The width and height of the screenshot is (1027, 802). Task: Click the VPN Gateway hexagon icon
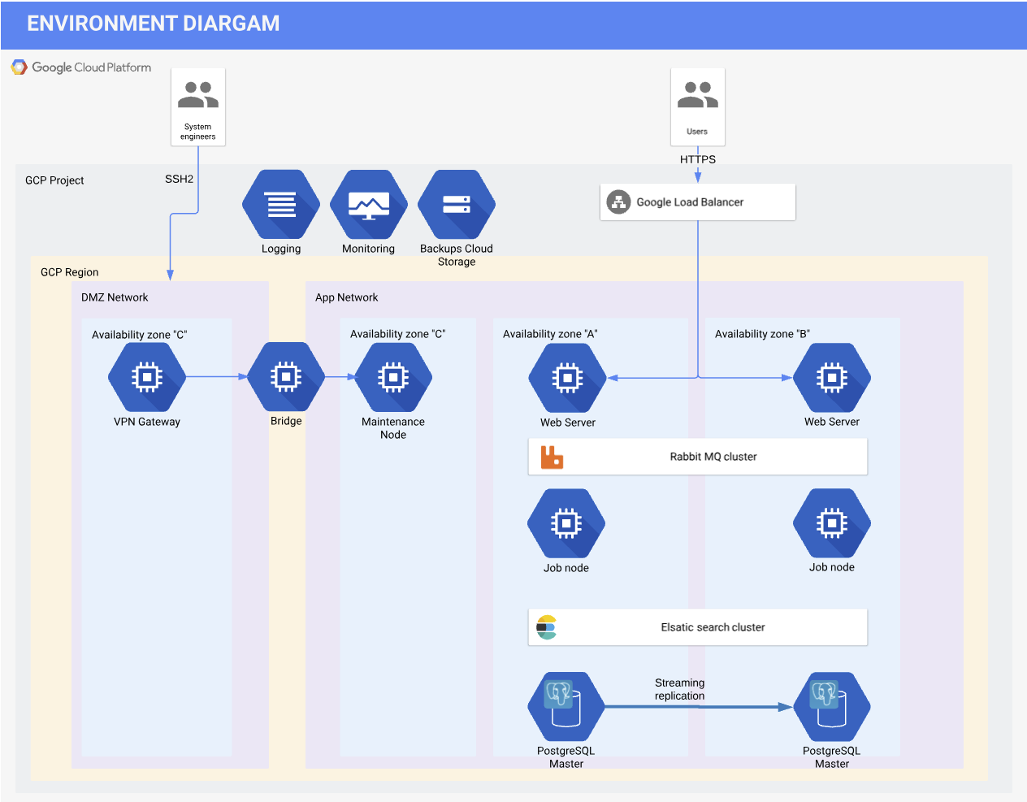(x=147, y=378)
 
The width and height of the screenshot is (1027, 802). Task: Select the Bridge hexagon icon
(x=286, y=377)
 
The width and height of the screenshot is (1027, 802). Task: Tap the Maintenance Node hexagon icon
(x=393, y=378)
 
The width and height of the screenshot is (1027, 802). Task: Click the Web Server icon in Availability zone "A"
(x=567, y=379)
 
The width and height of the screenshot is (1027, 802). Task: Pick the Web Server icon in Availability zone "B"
(x=832, y=378)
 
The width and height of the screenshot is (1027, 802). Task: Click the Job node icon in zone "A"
(x=566, y=524)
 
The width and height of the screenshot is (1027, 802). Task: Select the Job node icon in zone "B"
(x=832, y=523)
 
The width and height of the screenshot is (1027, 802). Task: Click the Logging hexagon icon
(x=281, y=205)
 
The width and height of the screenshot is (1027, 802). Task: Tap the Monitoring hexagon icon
(x=369, y=205)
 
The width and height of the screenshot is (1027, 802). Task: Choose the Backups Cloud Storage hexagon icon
(x=457, y=205)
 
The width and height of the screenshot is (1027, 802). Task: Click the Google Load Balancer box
(x=698, y=202)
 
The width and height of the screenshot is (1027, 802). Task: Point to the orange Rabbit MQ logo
(x=552, y=457)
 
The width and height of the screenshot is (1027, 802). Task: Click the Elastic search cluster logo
(x=547, y=627)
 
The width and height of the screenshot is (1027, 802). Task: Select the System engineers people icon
(x=198, y=96)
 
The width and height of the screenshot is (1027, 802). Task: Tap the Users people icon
(x=698, y=96)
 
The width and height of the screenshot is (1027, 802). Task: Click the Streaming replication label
(x=680, y=689)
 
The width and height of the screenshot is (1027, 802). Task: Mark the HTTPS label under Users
(x=698, y=159)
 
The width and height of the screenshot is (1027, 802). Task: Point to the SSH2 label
(x=179, y=179)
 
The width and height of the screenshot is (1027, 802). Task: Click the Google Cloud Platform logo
(x=19, y=67)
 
